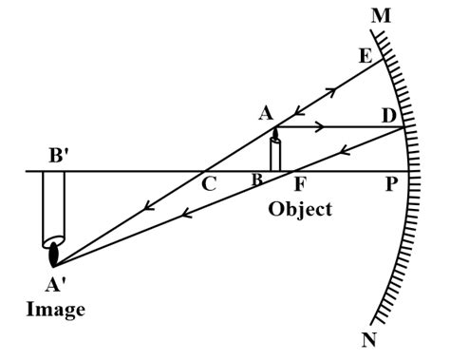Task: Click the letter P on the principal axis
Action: click(389, 185)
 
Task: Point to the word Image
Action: click(57, 311)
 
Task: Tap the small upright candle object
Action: click(275, 154)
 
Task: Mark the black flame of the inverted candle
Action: click(54, 254)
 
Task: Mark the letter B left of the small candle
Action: click(256, 180)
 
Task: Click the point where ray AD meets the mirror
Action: click(405, 126)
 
